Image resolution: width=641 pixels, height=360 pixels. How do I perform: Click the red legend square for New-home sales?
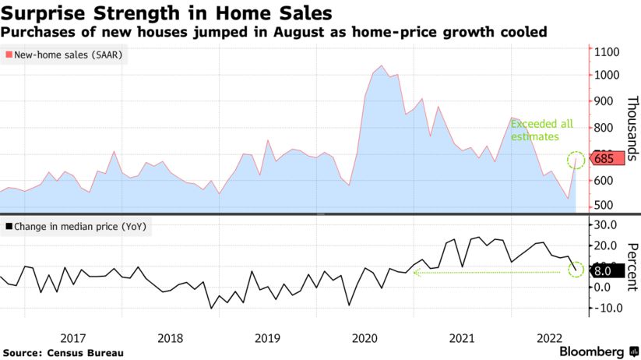9,55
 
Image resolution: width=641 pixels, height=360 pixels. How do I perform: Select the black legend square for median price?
9,227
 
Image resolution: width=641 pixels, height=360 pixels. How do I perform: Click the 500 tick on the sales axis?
603,206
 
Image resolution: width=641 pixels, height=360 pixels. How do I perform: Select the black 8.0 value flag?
604,270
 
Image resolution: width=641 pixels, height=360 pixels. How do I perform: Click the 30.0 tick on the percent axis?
605,224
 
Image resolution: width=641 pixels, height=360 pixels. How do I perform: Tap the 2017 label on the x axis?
72,338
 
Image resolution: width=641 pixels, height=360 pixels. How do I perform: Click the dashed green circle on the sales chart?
576,161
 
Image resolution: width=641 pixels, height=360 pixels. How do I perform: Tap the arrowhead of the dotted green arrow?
415,272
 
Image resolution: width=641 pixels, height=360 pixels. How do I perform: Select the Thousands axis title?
632,128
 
